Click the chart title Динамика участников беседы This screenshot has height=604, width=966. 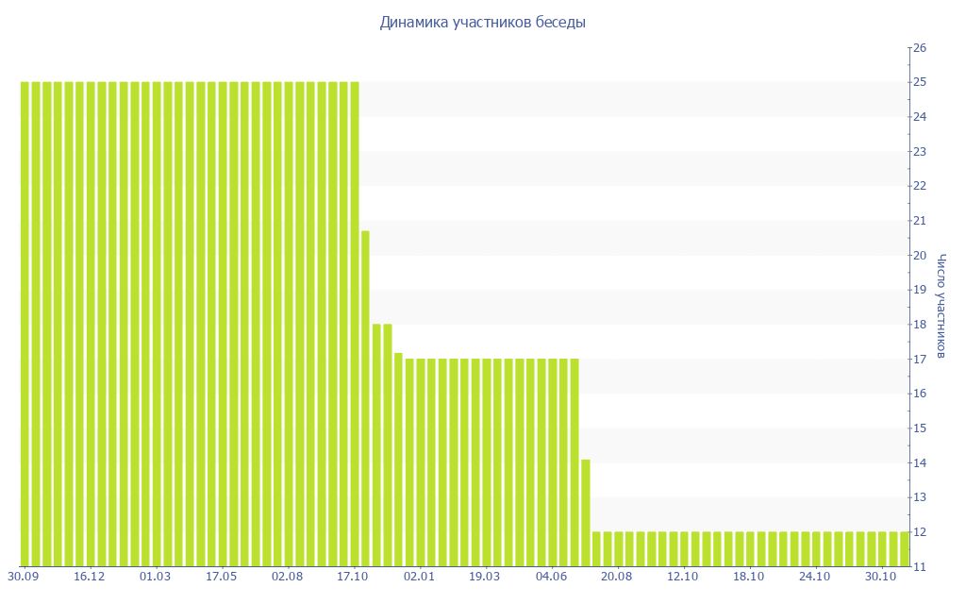coord(482,22)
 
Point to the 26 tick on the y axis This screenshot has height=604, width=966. coord(921,47)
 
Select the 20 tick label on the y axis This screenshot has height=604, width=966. coord(921,256)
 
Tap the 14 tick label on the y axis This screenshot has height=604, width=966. coord(921,463)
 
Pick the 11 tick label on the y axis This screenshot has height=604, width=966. coord(921,567)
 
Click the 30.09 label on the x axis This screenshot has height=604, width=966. coord(24,577)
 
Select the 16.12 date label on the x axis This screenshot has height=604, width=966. coord(90,577)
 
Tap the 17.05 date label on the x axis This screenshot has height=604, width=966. coord(222,577)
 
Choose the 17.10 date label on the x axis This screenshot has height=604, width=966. coord(353,577)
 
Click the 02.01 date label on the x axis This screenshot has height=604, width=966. coord(419,577)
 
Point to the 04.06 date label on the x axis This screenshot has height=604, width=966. coord(551,577)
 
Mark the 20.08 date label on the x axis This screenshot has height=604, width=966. coord(616,577)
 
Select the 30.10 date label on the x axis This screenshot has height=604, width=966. coord(880,577)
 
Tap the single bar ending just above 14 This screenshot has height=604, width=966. coord(586,512)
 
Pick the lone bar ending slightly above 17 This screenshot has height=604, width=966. coord(398,460)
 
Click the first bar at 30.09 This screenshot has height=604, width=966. coord(25,324)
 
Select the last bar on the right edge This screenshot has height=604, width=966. coord(905,548)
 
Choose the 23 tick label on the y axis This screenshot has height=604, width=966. coord(921,151)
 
